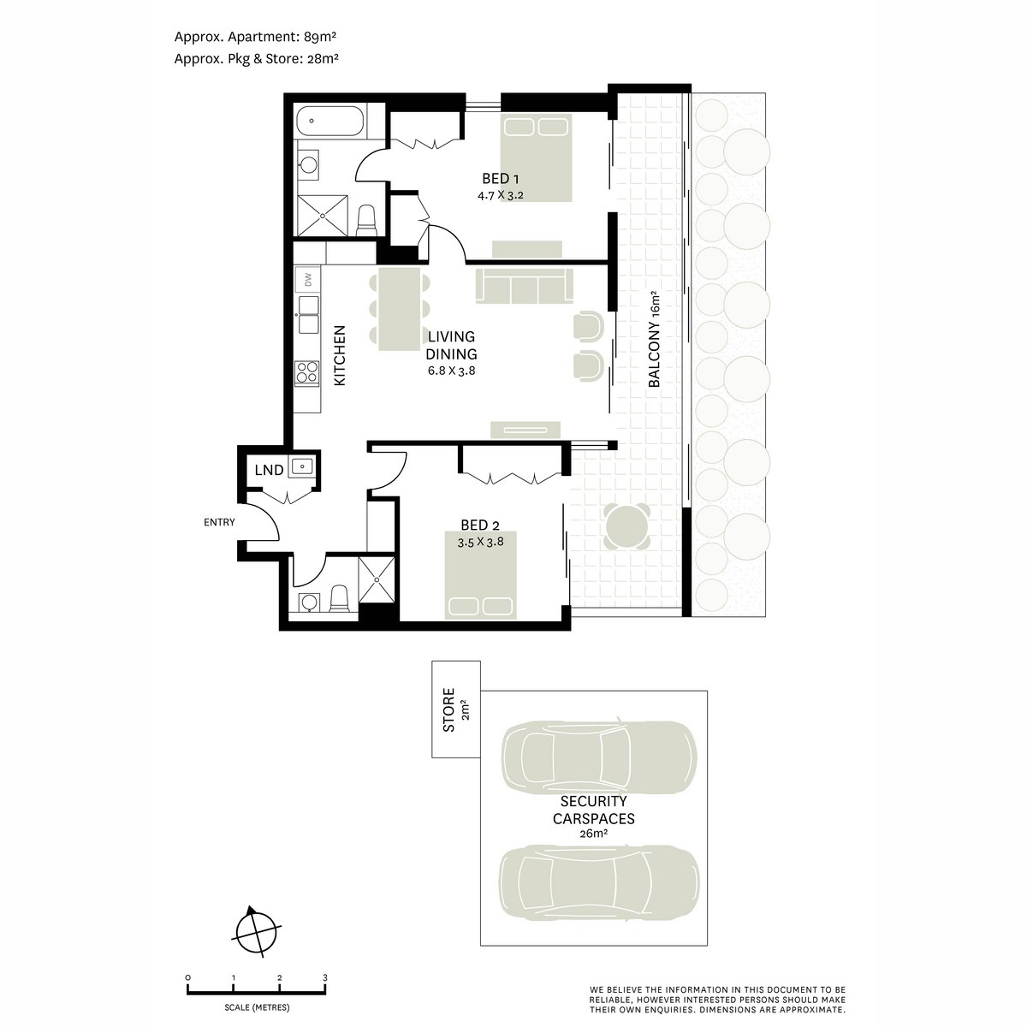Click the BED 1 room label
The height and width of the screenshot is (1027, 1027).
(500, 179)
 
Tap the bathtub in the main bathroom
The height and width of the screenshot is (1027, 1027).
(329, 121)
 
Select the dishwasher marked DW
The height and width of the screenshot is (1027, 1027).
(307, 279)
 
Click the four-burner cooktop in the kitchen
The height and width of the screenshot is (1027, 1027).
(307, 371)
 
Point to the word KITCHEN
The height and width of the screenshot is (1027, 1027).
(340, 355)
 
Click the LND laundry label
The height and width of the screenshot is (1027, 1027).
(269, 470)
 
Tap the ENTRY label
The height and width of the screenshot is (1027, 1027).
(219, 522)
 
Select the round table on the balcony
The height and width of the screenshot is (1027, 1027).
(626, 526)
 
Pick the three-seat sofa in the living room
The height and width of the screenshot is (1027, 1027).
(524, 286)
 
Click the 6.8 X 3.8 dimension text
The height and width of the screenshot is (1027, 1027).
(451, 371)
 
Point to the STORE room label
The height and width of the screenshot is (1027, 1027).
(449, 709)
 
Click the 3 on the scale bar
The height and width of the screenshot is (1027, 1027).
(325, 977)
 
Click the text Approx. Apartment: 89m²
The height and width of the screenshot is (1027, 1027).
(255, 37)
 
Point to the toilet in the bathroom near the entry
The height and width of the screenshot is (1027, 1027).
(339, 599)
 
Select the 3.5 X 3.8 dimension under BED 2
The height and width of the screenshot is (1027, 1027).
(480, 543)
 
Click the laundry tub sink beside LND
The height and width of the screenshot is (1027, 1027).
(301, 467)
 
